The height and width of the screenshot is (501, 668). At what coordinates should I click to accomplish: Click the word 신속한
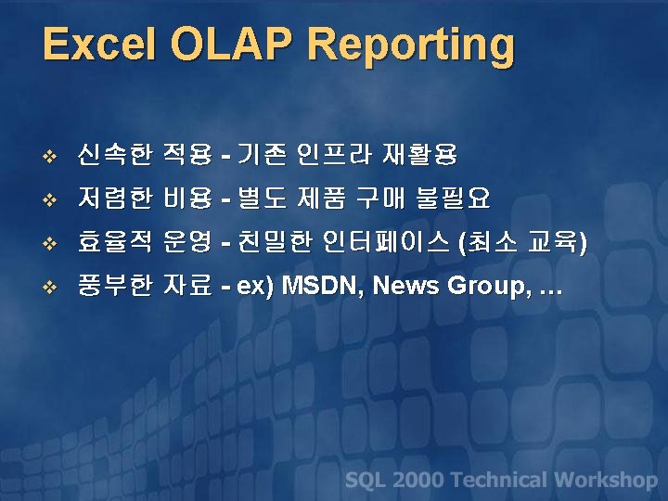click(x=114, y=153)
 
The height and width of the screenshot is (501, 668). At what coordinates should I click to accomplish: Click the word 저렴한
click(x=114, y=198)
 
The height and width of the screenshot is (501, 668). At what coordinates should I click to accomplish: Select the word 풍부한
click(x=114, y=287)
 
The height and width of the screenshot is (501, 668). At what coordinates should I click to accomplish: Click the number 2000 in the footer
click(x=417, y=480)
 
